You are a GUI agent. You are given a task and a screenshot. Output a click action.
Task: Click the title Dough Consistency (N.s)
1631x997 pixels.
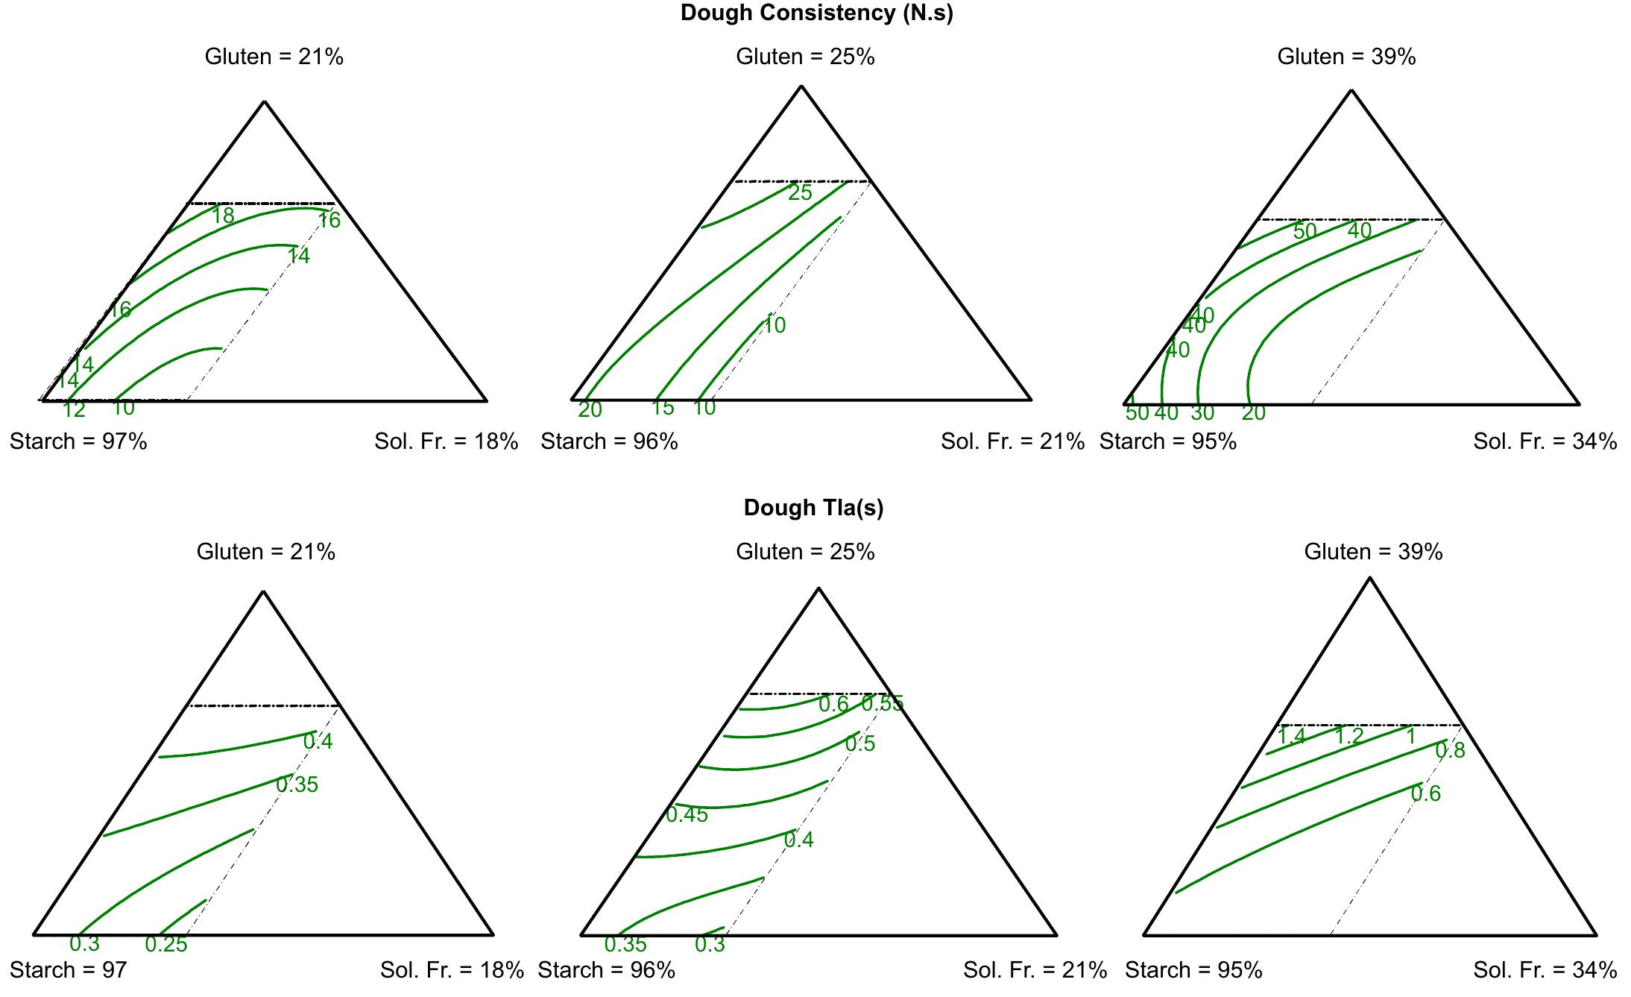(x=816, y=13)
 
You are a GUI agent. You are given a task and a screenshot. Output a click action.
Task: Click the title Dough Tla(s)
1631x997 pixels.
(x=813, y=508)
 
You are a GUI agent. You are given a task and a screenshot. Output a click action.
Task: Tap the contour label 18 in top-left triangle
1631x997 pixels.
(x=223, y=216)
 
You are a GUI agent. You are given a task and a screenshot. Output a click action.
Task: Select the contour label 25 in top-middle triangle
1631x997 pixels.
(x=800, y=192)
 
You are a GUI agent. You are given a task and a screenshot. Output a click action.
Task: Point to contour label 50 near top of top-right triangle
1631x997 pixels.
(x=1305, y=231)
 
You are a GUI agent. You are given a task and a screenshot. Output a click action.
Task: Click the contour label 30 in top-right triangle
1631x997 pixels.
(x=1202, y=412)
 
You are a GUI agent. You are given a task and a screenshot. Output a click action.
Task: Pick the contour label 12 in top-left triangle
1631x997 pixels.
(x=74, y=409)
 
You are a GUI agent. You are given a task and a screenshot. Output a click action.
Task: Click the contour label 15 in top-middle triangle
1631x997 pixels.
(x=662, y=408)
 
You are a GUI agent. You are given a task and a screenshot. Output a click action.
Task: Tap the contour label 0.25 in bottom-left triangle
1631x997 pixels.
(x=166, y=944)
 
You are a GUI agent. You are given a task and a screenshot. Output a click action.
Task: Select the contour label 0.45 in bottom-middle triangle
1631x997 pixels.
(x=687, y=814)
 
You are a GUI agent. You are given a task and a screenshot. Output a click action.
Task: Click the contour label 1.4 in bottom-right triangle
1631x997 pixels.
(x=1291, y=736)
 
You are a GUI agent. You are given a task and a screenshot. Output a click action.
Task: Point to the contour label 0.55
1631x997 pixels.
(x=883, y=703)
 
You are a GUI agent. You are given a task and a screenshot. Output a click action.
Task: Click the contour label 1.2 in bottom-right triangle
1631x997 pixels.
(x=1348, y=736)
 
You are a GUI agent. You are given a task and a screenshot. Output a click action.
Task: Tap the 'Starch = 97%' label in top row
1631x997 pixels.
(x=78, y=441)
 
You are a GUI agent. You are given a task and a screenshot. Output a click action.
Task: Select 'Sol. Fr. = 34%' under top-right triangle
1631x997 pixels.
(x=1545, y=441)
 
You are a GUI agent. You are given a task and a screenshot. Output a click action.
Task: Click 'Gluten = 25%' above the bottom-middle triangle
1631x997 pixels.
(x=805, y=552)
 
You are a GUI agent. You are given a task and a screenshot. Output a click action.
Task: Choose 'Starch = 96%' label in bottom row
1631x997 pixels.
(x=606, y=970)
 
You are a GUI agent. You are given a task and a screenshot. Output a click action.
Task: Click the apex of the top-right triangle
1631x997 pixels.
(x=1351, y=91)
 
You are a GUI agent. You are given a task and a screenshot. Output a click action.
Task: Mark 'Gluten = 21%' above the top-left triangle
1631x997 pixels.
(x=274, y=57)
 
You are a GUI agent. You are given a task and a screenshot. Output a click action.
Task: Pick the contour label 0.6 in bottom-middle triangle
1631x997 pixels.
(x=833, y=704)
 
